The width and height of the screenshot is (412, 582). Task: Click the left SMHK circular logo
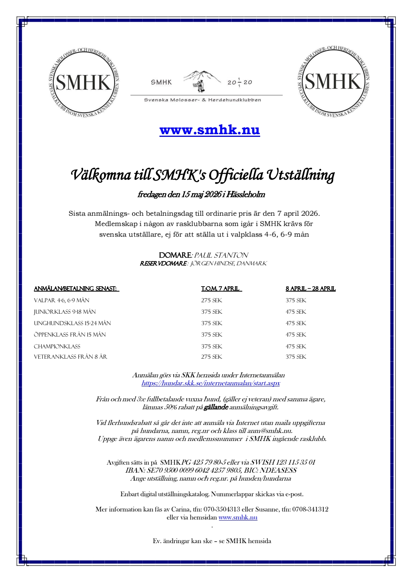click(84, 82)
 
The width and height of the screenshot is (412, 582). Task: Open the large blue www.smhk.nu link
click(209, 130)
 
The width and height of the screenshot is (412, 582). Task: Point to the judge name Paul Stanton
click(221, 255)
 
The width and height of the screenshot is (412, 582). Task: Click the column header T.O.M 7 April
click(221, 289)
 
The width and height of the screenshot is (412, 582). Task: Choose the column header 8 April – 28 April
click(311, 289)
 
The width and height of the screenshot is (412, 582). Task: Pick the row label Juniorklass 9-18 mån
click(65, 312)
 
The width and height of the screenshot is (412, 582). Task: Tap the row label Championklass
click(57, 346)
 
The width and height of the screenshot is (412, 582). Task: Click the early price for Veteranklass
click(212, 357)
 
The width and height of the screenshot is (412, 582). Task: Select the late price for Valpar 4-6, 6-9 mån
click(296, 300)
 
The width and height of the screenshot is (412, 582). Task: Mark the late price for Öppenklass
click(296, 335)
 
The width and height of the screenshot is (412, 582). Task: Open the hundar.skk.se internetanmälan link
click(211, 383)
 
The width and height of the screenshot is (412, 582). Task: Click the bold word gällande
click(216, 407)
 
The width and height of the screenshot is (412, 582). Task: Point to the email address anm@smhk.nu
click(270, 431)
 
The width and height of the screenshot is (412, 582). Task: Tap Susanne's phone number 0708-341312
click(310, 509)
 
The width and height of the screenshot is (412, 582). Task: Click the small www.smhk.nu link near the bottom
click(238, 517)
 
